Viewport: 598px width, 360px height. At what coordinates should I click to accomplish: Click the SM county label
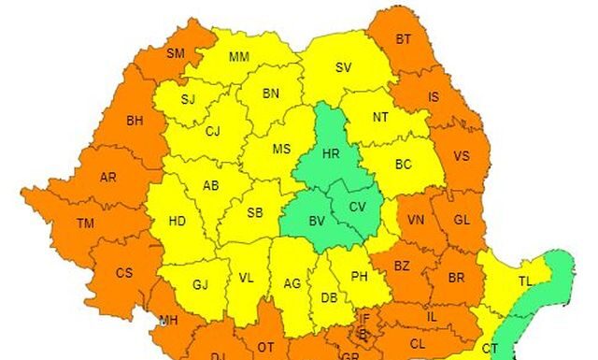point(176,53)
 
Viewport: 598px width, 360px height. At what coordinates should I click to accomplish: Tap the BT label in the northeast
point(403,39)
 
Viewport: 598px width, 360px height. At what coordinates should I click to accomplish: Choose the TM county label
point(86,223)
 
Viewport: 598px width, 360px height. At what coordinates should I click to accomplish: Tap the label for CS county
point(124,273)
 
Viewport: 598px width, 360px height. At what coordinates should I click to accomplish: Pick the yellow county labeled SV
point(343,67)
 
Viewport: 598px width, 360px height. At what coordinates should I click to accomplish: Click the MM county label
point(239,57)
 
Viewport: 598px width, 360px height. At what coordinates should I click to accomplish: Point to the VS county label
point(461,156)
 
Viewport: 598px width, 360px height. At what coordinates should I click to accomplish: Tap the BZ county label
point(402,266)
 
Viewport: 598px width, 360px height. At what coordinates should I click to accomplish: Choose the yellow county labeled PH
point(360,277)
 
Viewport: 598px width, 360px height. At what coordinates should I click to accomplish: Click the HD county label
point(177,222)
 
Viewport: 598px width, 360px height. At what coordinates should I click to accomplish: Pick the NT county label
point(380,117)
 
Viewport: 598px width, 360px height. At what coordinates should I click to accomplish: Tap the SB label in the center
point(255,213)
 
